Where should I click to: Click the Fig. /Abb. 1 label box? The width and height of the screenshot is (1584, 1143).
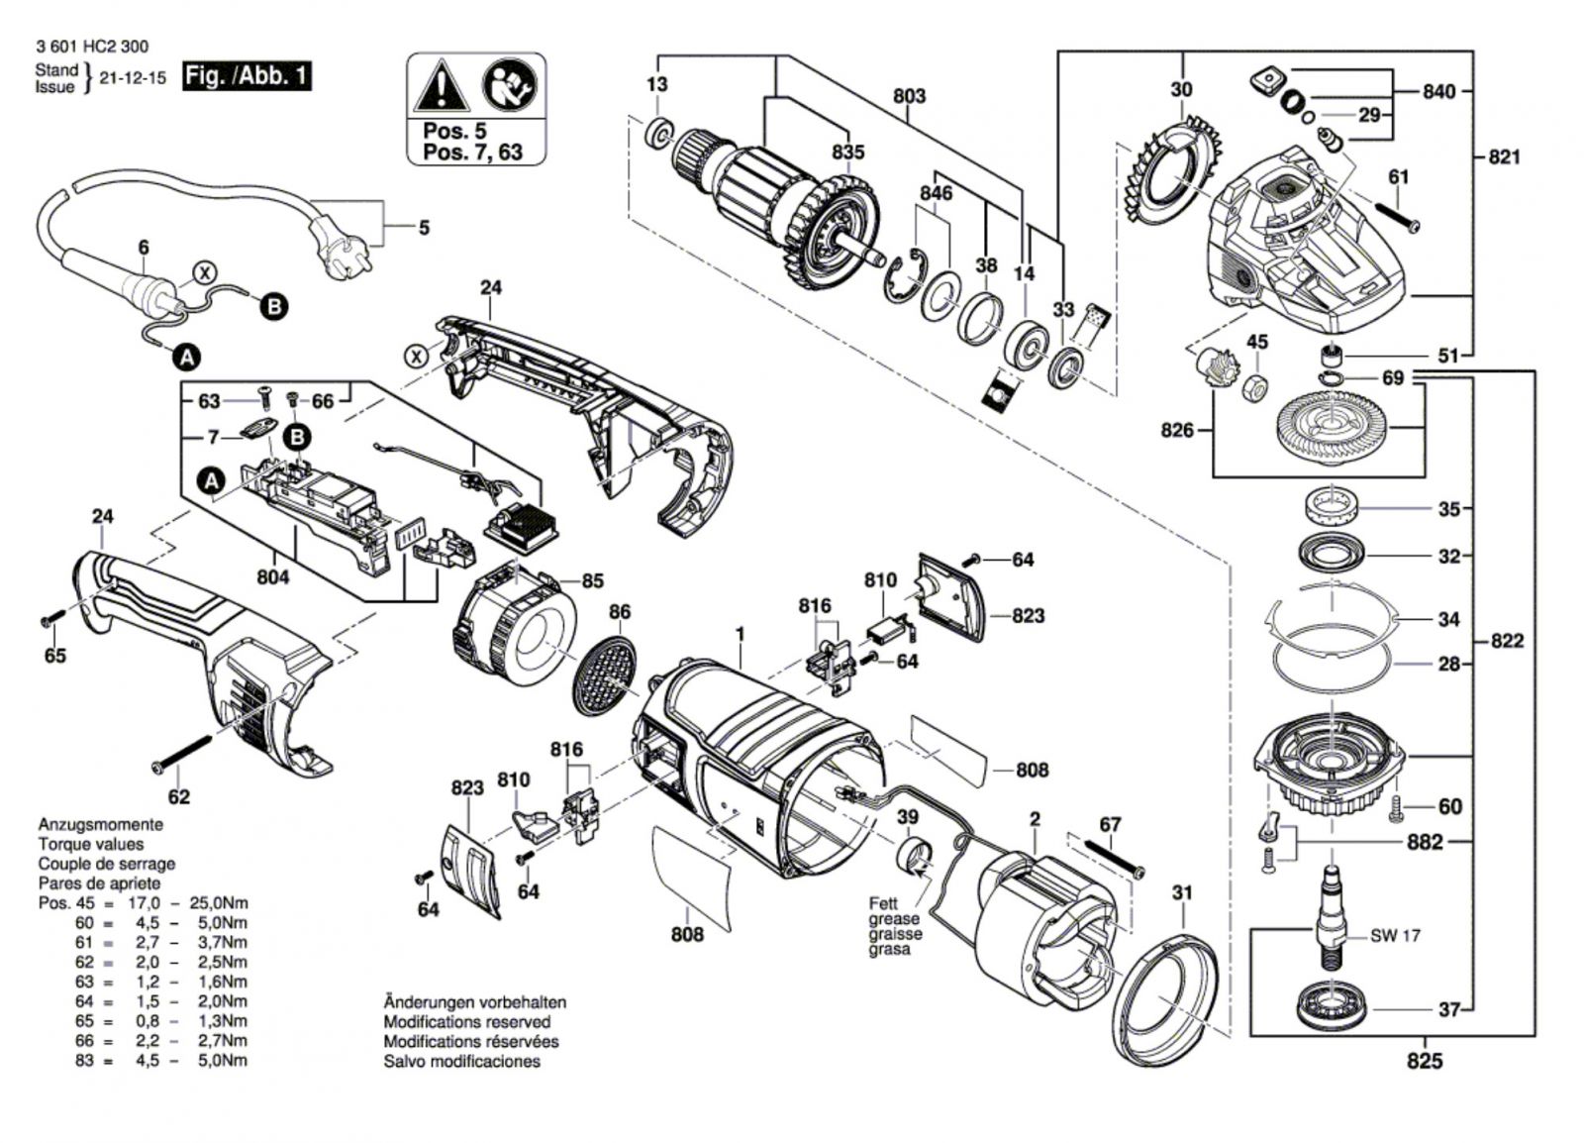[247, 76]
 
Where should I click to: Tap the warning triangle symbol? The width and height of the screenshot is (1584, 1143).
[442, 86]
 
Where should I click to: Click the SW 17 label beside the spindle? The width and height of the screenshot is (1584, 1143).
[1396, 935]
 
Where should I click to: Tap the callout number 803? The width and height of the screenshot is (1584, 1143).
[909, 96]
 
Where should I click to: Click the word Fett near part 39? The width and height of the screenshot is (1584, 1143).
[882, 903]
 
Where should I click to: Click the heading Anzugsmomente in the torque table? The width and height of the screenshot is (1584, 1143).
[101, 824]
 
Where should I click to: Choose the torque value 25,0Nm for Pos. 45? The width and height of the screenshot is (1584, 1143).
[223, 902]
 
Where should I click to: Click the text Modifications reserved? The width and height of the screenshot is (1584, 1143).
[466, 1021]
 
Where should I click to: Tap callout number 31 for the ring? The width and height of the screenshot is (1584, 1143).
[1182, 892]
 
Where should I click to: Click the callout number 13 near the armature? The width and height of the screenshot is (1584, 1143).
[657, 84]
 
